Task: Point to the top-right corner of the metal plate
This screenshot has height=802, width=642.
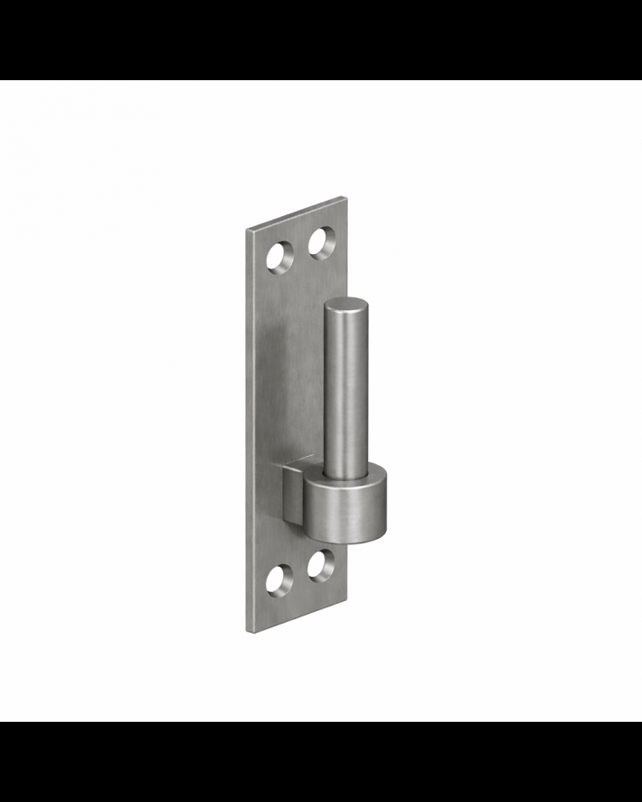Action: tap(344, 196)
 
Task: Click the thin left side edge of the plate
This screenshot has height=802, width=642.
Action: tap(248, 433)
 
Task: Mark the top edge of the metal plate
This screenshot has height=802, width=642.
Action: tap(296, 213)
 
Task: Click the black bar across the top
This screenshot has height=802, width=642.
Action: tap(321, 40)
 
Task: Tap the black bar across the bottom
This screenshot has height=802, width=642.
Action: tap(321, 761)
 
